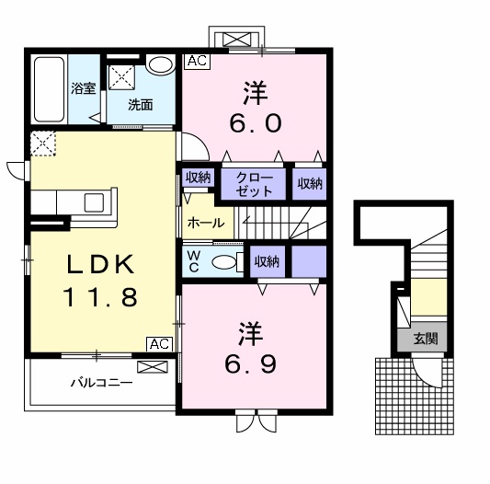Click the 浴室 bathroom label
(x=84, y=89)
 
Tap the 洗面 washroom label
(x=141, y=105)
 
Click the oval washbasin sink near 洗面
(x=161, y=65)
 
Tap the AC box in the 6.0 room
(x=195, y=62)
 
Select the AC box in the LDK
(x=158, y=343)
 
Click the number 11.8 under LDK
(x=100, y=298)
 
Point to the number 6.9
(x=249, y=364)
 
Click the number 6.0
(x=249, y=122)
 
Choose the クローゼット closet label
(x=254, y=183)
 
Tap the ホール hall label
(x=204, y=223)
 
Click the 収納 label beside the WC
(x=267, y=261)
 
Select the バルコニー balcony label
(x=100, y=381)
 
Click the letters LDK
(x=100, y=263)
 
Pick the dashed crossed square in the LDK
(x=41, y=143)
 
